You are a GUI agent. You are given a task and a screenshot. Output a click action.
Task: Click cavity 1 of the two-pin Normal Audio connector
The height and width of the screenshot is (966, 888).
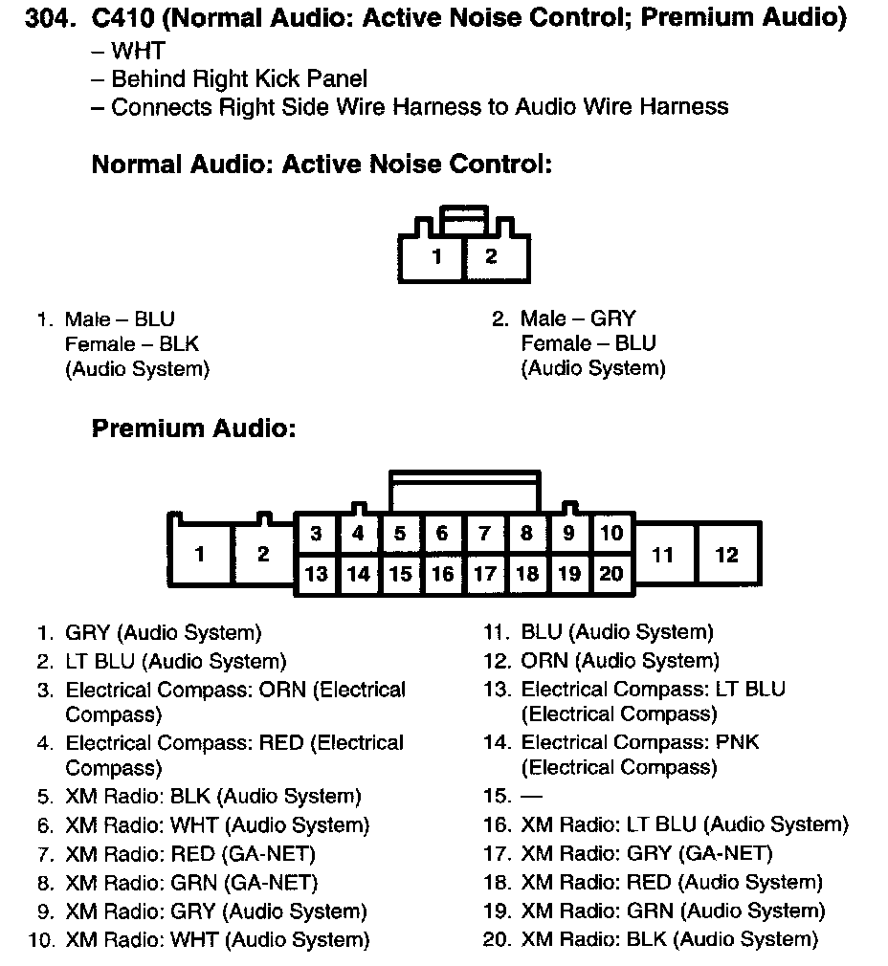(436, 256)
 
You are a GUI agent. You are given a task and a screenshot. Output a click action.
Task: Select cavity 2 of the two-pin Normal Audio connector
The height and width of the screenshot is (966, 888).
(491, 256)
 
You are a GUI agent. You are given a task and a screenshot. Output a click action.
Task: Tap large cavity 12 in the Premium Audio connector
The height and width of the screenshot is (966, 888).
(727, 555)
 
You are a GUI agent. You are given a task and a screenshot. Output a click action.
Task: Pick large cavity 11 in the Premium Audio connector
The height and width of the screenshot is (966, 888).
(662, 555)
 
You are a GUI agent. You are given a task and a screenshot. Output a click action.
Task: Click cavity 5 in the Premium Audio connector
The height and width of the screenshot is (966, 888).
(400, 534)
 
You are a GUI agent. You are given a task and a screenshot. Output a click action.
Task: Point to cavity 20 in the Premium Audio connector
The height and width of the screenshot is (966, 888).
(611, 574)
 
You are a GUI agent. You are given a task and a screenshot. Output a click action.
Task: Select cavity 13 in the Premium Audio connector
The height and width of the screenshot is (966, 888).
(316, 574)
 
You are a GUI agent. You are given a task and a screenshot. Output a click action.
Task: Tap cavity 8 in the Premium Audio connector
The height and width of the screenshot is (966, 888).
(526, 534)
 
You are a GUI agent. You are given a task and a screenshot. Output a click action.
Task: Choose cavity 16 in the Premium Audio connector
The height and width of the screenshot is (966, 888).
(442, 574)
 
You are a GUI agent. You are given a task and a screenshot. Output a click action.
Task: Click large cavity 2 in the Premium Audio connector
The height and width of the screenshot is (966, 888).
(263, 555)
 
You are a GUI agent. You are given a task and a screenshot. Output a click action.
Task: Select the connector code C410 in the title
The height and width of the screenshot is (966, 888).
(122, 18)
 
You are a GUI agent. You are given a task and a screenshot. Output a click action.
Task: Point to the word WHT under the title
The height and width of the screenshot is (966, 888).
(138, 52)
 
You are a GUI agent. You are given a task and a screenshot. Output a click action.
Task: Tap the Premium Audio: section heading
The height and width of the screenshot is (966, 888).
(193, 428)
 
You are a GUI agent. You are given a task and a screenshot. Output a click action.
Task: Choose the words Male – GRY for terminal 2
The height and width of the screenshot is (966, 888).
(578, 318)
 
